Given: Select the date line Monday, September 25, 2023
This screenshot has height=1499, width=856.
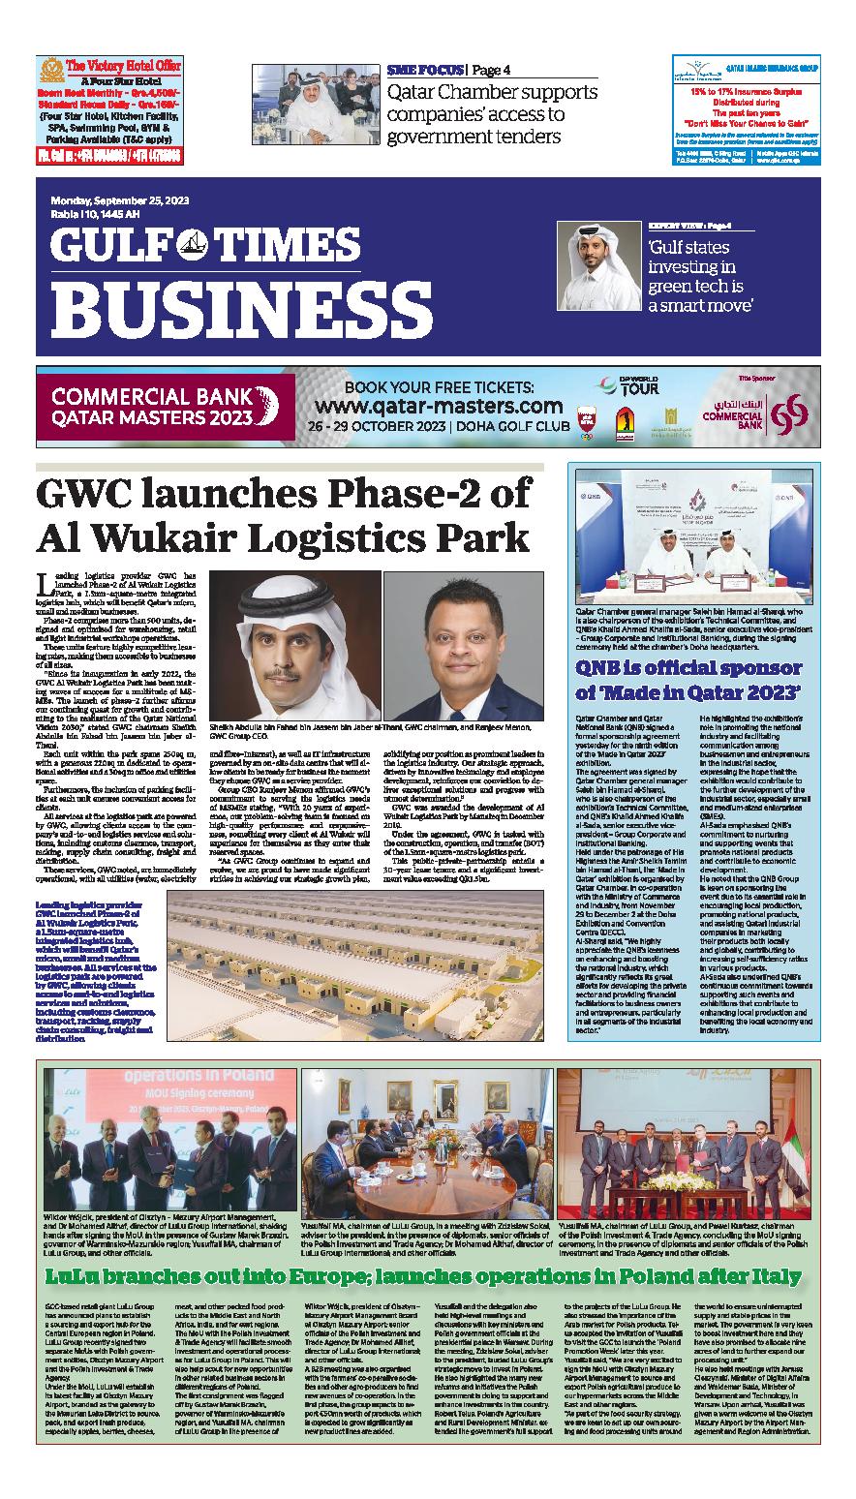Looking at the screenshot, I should click(120, 200).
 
